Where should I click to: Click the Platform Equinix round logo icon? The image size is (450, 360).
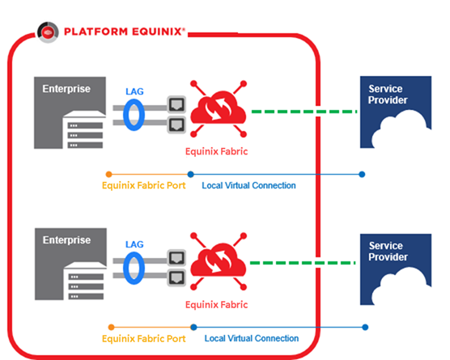coord(48,32)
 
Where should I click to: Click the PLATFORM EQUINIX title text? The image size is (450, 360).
coord(125,32)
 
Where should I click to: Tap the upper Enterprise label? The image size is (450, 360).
coord(66,89)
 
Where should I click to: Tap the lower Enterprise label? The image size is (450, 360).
coord(66,240)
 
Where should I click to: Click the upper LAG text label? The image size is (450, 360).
coord(134,91)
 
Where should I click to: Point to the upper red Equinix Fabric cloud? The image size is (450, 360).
coord(218,109)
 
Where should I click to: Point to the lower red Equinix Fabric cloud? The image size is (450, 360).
coord(218,261)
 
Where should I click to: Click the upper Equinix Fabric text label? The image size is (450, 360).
coord(216,151)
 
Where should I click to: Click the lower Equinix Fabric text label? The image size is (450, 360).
coord(216,304)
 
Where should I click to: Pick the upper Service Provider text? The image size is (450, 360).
coord(388,95)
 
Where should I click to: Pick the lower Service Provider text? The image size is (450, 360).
coord(388,252)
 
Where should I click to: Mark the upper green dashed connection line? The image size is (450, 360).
coord(304,112)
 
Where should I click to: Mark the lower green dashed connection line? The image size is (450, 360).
coord(303,263)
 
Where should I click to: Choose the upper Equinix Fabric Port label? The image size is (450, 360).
coord(144,185)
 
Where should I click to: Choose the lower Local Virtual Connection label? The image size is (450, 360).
coord(252,338)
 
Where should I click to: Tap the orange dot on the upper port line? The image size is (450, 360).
coord(108,174)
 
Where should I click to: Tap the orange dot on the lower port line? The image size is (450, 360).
coord(112,327)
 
